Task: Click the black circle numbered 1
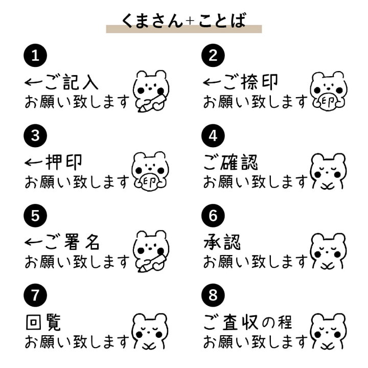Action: point(35,55)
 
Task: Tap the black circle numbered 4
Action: point(213,135)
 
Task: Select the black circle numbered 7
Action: point(35,295)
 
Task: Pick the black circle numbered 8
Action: point(213,295)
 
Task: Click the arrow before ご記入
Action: point(33,82)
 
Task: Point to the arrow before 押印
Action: point(33,163)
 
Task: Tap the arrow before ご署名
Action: point(33,242)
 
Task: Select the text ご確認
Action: point(231,162)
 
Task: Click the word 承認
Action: point(222,242)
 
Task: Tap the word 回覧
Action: point(43,322)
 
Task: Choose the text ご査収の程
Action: point(247,322)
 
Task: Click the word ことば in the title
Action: point(222,20)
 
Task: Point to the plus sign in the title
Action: point(190,21)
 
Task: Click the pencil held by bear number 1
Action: point(151,103)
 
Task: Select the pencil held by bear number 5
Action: point(151,263)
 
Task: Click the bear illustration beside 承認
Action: point(328,250)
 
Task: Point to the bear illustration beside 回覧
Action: point(150,331)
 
